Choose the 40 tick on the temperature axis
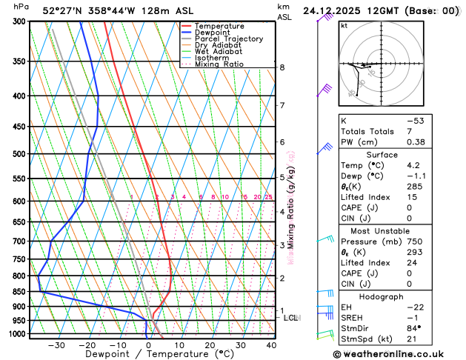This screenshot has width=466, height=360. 271,344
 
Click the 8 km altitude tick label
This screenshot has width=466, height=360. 282,67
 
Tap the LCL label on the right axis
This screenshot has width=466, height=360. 291,318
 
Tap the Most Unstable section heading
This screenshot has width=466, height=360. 388,231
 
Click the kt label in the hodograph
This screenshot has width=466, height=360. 344,25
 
